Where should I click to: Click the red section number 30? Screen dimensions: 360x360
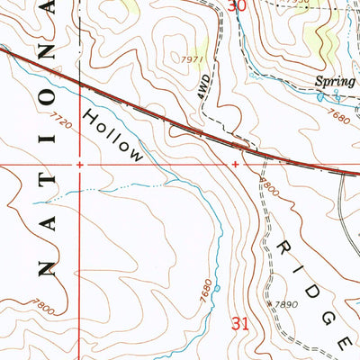[x=236, y=6]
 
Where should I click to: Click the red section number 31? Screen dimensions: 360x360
[x=239, y=324]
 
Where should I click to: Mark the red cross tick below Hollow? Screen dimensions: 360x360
[x=235, y=165]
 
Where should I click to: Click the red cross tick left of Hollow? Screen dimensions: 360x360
[x=80, y=165]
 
